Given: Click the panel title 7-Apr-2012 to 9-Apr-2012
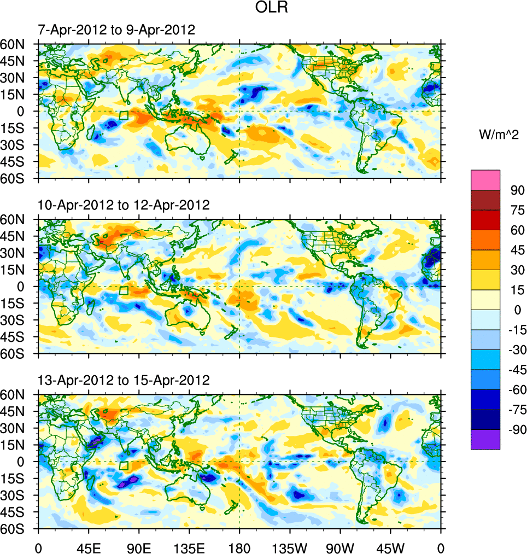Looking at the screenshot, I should [x=116, y=30].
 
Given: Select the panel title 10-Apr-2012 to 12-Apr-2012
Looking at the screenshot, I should [x=124, y=205].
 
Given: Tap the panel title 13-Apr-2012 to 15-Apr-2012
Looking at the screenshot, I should [x=124, y=380].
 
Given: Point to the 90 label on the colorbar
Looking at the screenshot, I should [x=517, y=190].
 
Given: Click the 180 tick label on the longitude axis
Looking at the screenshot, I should [x=239, y=547].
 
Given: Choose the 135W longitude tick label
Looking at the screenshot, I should [x=290, y=547].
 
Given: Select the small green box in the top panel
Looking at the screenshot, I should [x=124, y=115].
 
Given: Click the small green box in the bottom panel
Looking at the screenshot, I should [x=124, y=465].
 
